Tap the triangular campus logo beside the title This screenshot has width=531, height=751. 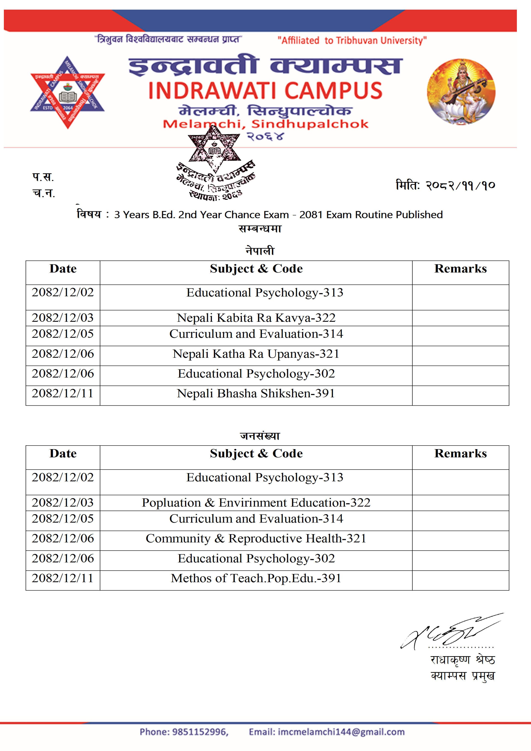coord(67,92)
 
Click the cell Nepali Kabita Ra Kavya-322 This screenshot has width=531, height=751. coord(256,318)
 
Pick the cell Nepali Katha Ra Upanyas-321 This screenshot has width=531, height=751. coord(256,354)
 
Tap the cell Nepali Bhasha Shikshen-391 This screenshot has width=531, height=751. coord(256,393)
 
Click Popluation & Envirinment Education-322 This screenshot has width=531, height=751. coord(256,502)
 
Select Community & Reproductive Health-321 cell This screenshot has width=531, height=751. coord(256,538)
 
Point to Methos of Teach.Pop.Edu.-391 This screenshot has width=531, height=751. coord(256,578)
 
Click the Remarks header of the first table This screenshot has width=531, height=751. coord(460,269)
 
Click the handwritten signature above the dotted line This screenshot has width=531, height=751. coord(452,632)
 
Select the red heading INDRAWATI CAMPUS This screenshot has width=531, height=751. coord(265,91)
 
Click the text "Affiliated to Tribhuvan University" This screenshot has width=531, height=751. coord(352,40)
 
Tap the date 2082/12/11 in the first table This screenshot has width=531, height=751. coord(63,393)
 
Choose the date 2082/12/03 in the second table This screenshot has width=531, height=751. coord(63,502)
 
